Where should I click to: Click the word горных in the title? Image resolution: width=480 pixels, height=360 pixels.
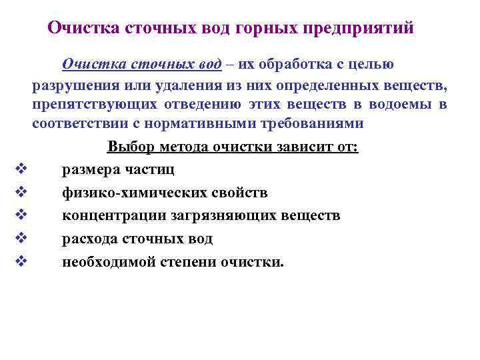click(x=265, y=29)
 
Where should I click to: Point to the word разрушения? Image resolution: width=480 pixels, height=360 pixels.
click(x=71, y=85)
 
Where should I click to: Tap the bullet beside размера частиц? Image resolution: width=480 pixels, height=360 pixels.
click(x=18, y=170)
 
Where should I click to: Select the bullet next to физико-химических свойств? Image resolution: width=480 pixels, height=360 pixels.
click(x=18, y=193)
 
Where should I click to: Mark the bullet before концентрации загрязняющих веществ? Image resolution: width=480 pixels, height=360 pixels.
click(x=18, y=215)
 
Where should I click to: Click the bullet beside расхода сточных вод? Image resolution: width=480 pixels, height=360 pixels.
click(x=18, y=238)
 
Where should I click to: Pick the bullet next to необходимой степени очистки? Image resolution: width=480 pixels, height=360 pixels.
click(x=18, y=261)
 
